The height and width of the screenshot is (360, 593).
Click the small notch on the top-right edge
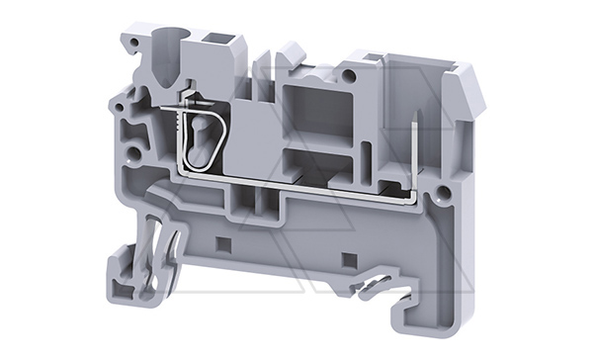(372, 58)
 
